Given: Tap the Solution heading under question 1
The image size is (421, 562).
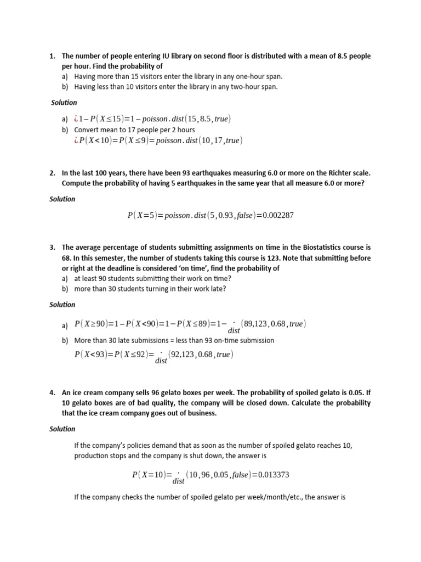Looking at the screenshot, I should pos(64,103).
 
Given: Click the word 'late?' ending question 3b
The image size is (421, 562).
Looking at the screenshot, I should pos(217,288).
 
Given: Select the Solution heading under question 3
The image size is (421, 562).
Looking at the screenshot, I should pos(62,305).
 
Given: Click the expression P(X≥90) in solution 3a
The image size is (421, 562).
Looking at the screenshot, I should pos(93,324).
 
